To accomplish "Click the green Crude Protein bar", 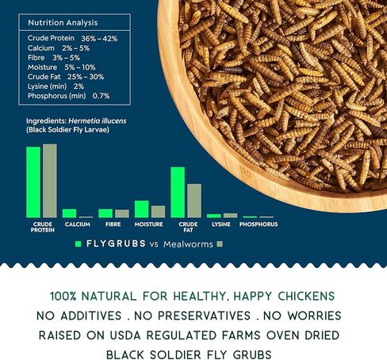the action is (x=33, y=182).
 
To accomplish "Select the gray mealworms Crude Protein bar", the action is (x=50, y=181).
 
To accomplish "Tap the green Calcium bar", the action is (x=69, y=213).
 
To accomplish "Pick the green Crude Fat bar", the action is (x=178, y=193).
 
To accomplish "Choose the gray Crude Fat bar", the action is (x=194, y=201).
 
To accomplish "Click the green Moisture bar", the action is (x=141, y=209).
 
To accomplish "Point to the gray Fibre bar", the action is (x=122, y=213).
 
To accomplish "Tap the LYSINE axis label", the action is (x=221, y=224).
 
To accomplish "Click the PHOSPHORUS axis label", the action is (x=259, y=224).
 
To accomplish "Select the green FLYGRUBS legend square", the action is (x=78, y=244).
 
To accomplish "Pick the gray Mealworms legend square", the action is (x=220, y=244).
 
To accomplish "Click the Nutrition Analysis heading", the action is (x=63, y=23).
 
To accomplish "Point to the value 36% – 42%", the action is (x=99, y=39).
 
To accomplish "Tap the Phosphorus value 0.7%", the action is (x=101, y=96).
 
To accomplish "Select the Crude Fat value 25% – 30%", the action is (x=86, y=77).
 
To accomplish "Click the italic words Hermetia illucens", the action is (x=98, y=121).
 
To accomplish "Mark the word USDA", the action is (x=125, y=335).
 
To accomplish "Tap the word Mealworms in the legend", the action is (x=188, y=244).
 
